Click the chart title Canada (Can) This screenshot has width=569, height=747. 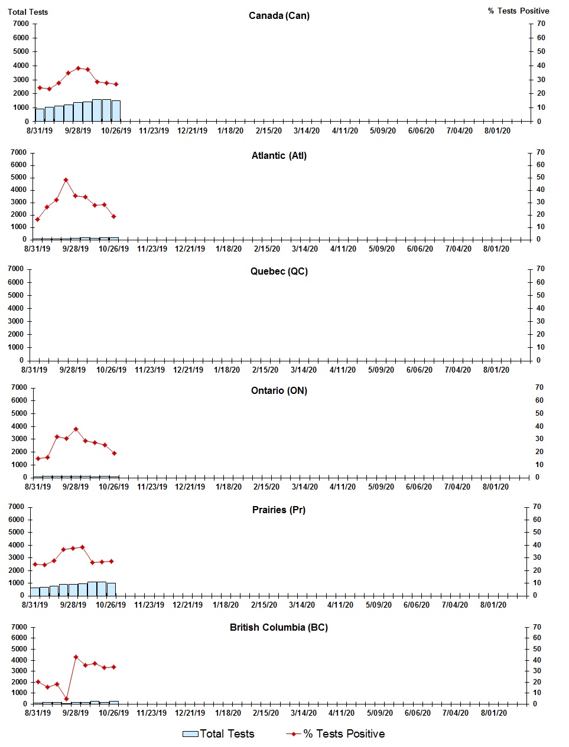pos(279,15)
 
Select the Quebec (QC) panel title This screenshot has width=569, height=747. pos(279,272)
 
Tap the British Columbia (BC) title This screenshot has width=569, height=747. pos(279,627)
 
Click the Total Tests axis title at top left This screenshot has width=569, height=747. pos(28,12)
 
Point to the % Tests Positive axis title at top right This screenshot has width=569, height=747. pos(518,11)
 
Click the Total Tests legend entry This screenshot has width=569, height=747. pos(219,734)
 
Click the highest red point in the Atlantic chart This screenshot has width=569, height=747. pos(66,180)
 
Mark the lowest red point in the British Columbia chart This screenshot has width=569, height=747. pos(66,699)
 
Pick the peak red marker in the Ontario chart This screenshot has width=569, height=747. pos(76,429)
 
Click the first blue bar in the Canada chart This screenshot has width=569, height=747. pos(40,115)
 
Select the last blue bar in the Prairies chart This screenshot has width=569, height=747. pos(111,589)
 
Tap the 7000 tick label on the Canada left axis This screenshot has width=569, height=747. pos(21,24)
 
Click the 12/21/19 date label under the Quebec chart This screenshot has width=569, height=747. pos(188,370)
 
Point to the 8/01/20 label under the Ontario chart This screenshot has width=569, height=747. pos(495,487)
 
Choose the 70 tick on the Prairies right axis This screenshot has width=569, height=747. pos(537,507)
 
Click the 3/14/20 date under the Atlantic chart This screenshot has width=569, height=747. pos(305,249)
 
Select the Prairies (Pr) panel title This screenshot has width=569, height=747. pos(279,510)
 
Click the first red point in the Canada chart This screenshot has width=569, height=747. pos(40,88)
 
